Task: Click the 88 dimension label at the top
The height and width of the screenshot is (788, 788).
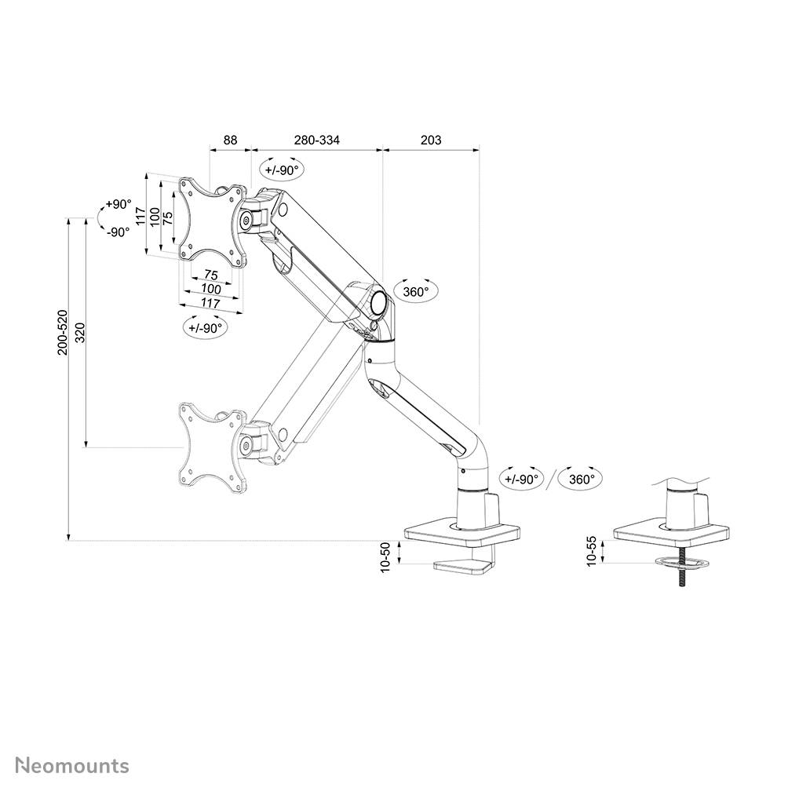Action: (x=230, y=140)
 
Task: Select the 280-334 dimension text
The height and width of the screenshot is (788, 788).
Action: (x=317, y=140)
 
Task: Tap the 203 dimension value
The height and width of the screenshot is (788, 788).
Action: (x=431, y=140)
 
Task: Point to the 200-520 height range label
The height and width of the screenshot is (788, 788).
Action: (x=63, y=333)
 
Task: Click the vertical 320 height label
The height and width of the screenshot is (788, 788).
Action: (x=78, y=333)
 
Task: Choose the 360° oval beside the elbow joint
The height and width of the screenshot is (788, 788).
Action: (x=416, y=292)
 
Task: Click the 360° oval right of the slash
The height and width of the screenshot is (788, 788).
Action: (x=581, y=479)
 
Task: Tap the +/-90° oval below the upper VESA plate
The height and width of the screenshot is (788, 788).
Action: (x=206, y=327)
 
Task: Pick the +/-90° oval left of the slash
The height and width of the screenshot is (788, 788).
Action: (x=521, y=479)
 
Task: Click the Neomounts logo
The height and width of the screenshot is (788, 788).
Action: (x=72, y=764)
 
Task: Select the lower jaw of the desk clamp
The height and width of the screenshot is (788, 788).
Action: (x=463, y=565)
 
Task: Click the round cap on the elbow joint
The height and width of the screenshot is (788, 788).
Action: (x=378, y=301)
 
